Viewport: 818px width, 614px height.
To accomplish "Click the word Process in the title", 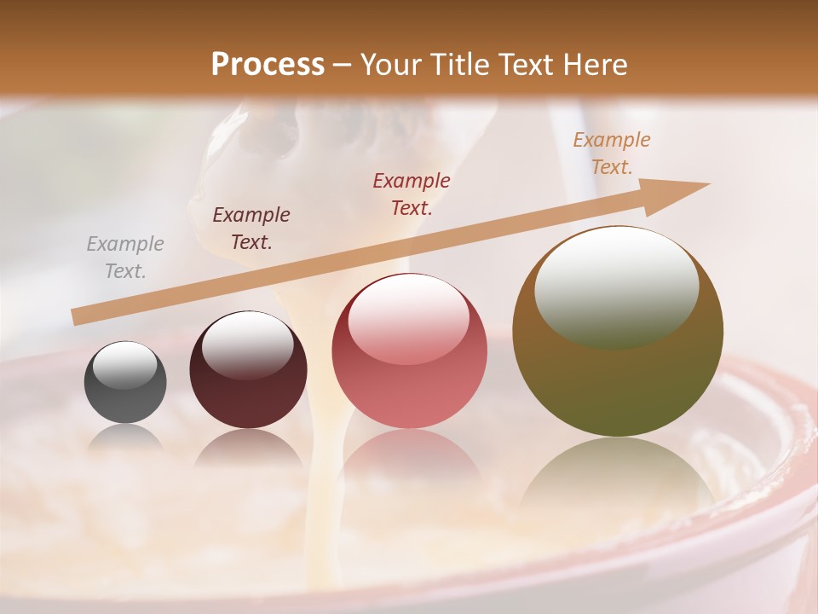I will (x=268, y=65).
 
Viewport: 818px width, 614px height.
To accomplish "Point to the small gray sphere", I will (x=125, y=383).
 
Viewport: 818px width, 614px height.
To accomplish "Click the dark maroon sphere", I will (x=248, y=370).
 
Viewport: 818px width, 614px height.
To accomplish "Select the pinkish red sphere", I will (x=409, y=350).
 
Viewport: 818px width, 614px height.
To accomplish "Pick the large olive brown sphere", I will (x=618, y=332).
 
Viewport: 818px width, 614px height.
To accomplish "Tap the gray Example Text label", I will (x=124, y=258).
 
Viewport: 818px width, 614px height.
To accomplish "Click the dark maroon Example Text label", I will (x=251, y=229).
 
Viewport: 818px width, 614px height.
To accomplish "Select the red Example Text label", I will (x=411, y=194).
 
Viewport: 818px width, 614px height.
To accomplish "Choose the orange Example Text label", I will (x=611, y=153).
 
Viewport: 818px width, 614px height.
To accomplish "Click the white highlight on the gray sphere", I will (x=124, y=365).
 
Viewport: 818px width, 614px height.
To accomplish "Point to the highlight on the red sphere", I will (x=408, y=316).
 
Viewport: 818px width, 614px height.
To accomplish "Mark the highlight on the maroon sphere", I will (x=247, y=345).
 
